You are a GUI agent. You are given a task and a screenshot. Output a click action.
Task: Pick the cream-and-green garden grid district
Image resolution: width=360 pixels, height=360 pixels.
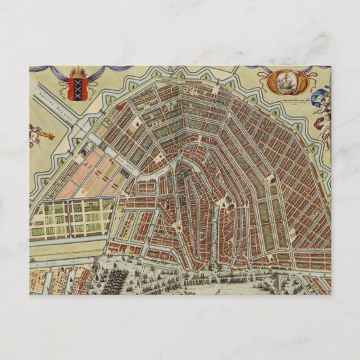[68, 217]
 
